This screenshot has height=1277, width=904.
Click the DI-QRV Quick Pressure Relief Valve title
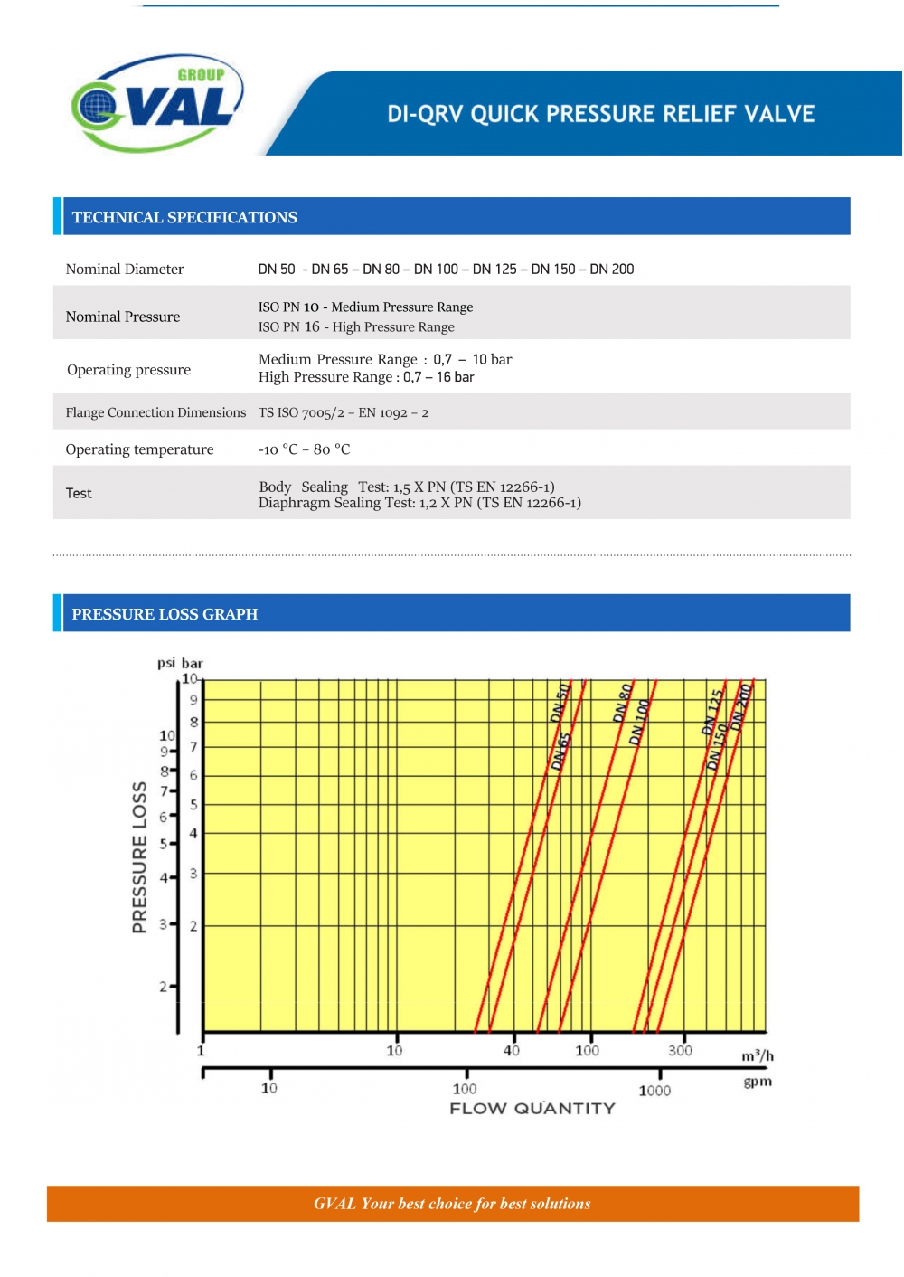[x=601, y=114]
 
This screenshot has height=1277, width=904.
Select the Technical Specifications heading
[x=184, y=217]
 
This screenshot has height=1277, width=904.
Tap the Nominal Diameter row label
[x=125, y=269]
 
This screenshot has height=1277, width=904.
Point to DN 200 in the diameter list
[x=612, y=269]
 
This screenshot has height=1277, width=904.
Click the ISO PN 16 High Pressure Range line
[x=356, y=326]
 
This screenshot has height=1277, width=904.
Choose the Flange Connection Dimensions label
[x=155, y=412]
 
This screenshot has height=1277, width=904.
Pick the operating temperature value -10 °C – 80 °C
[x=304, y=449]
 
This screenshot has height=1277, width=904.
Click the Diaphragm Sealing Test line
[x=419, y=503]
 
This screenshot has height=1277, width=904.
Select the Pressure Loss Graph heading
[x=165, y=614]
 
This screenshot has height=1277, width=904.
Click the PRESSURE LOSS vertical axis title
[x=139, y=856]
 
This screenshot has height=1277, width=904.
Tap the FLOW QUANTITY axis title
[x=532, y=1109]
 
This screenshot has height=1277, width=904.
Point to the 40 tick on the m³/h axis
[x=512, y=1050]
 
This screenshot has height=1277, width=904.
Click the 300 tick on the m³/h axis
[x=681, y=1050]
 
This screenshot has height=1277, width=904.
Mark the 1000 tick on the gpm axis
[x=654, y=1091]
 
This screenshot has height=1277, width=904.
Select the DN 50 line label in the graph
[x=560, y=703]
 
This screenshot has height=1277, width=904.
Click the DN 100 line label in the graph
[x=640, y=722]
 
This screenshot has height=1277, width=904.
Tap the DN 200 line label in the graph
[x=742, y=706]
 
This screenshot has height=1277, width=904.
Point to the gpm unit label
[x=758, y=1082]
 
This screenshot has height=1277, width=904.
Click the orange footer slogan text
[x=452, y=1204]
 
